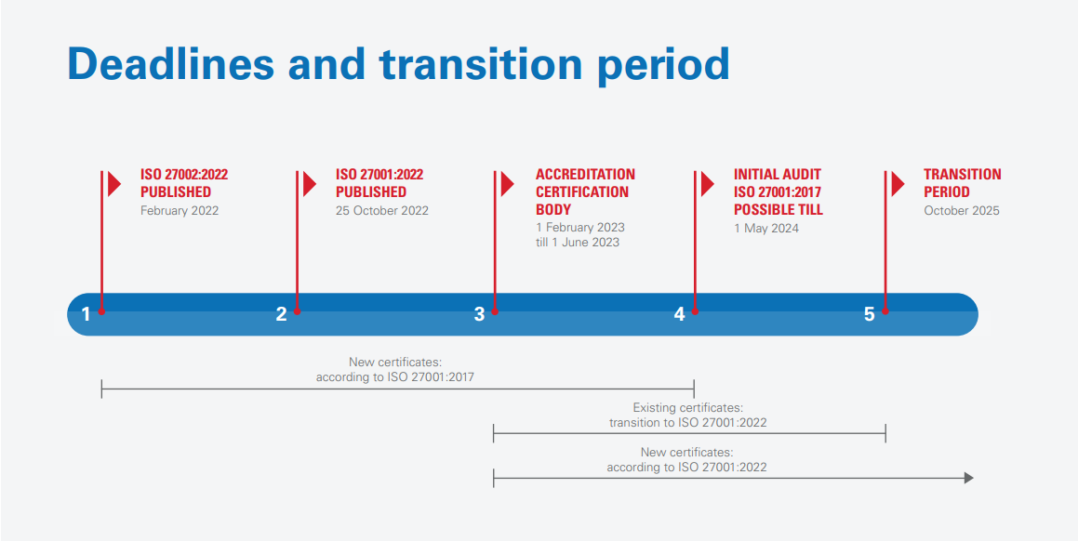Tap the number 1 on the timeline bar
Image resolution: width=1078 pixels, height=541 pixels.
[x=86, y=314]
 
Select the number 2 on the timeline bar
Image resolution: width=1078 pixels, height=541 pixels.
[x=281, y=314]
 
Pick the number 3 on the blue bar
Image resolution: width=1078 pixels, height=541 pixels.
[x=479, y=314]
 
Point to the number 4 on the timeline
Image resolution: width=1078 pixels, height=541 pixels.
[x=679, y=314]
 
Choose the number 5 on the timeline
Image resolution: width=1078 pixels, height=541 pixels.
[x=869, y=314]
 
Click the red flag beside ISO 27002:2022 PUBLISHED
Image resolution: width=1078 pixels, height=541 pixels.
[x=113, y=184]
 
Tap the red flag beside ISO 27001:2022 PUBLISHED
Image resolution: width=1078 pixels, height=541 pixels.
[x=309, y=184]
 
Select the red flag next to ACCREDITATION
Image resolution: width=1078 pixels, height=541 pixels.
[x=507, y=184]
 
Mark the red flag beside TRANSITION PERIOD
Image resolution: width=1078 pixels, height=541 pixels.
[x=898, y=184]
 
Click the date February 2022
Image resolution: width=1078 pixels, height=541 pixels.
[x=180, y=211]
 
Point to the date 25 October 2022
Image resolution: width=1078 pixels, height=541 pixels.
[x=382, y=211]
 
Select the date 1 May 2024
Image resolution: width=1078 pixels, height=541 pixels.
[x=766, y=229]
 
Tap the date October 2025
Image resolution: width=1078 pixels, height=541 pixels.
[x=962, y=211]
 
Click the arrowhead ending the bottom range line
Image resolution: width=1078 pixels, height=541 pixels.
[x=968, y=478]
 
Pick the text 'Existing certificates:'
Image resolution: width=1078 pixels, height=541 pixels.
[x=687, y=408]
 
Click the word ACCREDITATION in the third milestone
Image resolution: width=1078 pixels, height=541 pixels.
[x=585, y=174]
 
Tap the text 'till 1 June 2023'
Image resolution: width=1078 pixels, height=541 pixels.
[x=578, y=243]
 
